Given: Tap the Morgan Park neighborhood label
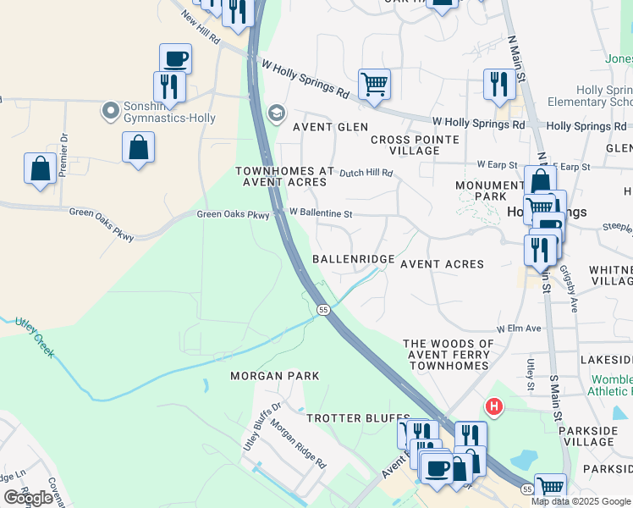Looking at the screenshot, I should click(275, 375).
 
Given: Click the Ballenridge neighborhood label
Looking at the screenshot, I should click(353, 258).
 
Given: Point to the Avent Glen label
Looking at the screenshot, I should click(330, 127).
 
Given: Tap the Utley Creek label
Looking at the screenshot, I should click(33, 338).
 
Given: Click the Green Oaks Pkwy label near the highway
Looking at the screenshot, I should click(233, 215).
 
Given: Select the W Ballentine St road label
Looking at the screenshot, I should click(321, 213).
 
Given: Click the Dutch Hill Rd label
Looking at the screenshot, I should click(366, 173).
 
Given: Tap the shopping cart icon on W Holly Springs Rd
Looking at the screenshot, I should click(374, 84).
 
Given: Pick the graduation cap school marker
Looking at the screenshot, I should click(277, 113).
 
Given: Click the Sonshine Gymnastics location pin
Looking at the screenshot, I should click(110, 111).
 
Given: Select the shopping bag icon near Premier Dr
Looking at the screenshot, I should click(40, 168).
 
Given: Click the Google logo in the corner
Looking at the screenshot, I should click(29, 498).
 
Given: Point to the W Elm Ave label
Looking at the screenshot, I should click(518, 328).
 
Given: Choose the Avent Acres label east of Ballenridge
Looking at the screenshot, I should click(442, 264).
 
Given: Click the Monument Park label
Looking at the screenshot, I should click(490, 191).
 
